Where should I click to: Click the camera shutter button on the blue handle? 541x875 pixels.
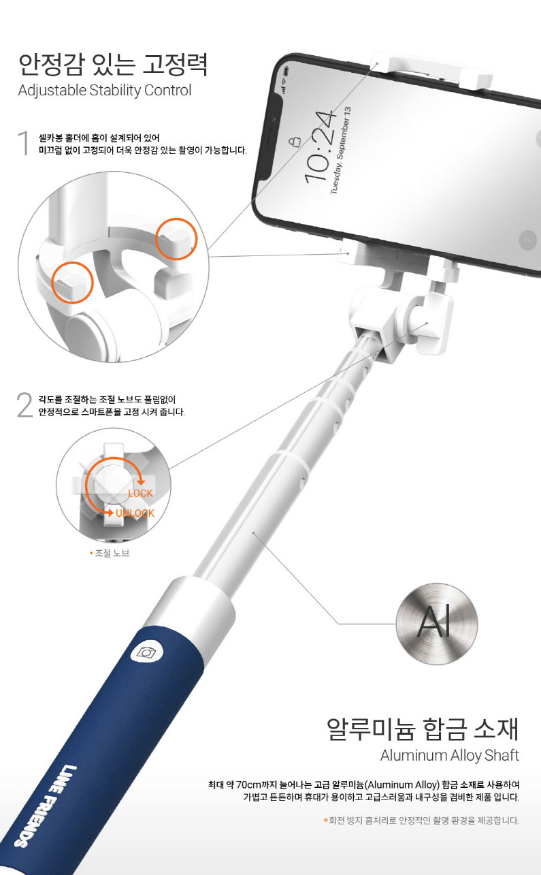coord(146,652)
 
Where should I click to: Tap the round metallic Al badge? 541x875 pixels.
coord(437,624)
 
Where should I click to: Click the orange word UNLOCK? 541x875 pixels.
coord(135,513)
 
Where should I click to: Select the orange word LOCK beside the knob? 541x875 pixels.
coord(140,493)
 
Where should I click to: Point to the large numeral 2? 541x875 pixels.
coord(25,405)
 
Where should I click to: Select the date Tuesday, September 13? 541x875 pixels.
coord(341,150)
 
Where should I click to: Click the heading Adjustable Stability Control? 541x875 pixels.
coord(105,91)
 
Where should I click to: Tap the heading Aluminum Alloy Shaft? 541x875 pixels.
coord(450,754)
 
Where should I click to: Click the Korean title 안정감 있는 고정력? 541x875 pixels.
coord(113,65)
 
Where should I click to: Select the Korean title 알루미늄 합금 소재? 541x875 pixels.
coord(423,729)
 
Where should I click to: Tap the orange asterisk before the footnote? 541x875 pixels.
coord(325,820)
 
